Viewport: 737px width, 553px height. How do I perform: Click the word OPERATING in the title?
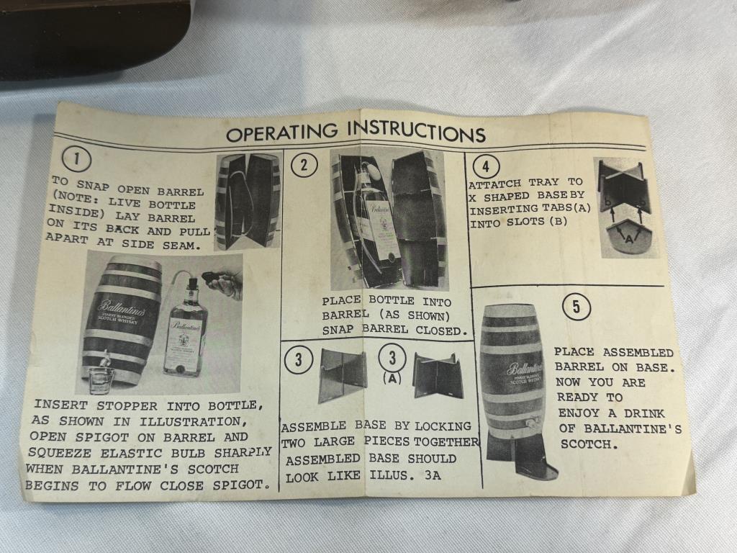point(281,132)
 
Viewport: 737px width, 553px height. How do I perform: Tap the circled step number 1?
point(76,159)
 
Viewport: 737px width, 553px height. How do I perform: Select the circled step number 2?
point(304,165)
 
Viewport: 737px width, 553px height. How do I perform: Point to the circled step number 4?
point(486,166)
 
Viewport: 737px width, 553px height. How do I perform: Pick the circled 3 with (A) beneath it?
point(392,358)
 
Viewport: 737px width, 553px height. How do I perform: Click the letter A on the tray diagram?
point(628,238)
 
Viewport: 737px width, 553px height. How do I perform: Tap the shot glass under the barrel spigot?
point(101,379)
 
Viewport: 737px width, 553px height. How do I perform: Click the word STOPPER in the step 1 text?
point(127,405)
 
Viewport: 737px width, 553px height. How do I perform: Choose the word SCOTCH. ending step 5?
point(589,444)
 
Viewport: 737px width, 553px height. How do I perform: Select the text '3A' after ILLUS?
point(433,475)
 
